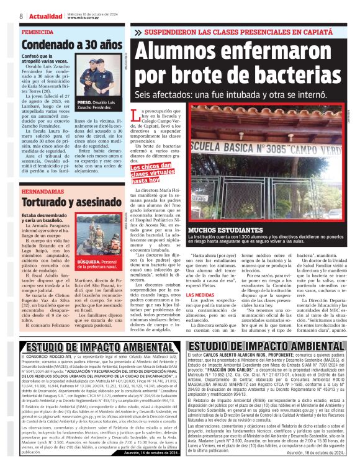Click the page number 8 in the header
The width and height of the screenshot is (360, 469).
click(x=21, y=16)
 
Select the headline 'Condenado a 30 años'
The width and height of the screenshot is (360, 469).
click(x=72, y=45)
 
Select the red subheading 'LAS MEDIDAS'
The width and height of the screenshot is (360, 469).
click(x=182, y=295)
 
